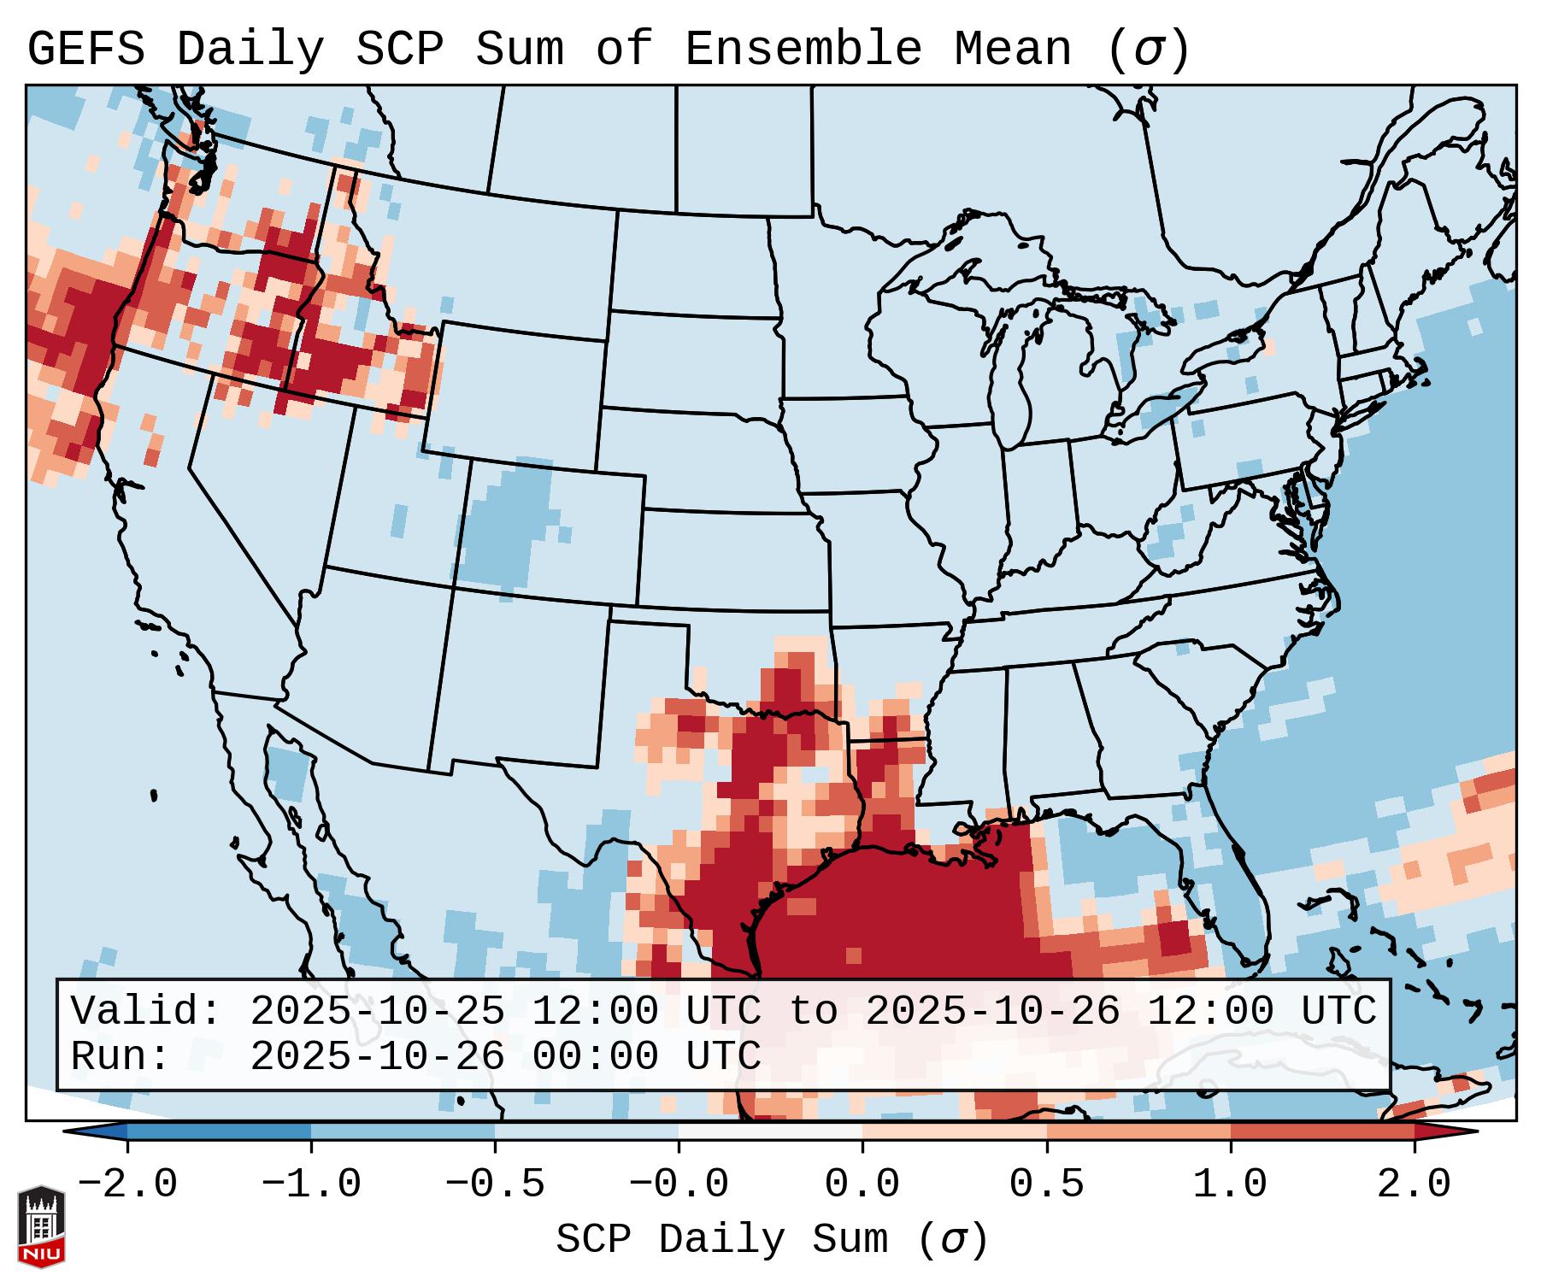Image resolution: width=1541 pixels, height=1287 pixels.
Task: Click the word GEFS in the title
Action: coord(85,49)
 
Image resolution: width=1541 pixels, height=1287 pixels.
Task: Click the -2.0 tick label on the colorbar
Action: coord(127,1184)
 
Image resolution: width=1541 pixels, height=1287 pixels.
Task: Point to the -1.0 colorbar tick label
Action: coord(311,1184)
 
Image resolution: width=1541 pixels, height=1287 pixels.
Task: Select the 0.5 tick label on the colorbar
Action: coord(1047,1184)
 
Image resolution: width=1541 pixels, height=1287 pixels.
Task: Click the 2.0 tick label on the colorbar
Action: coord(1415,1184)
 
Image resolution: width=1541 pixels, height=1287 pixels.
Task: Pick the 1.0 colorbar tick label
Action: coord(1231,1184)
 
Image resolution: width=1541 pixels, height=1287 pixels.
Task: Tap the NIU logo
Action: coord(41,1226)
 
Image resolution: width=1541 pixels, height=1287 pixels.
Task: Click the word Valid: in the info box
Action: coord(145,1011)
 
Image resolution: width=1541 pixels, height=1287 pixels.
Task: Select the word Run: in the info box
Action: coord(120,1056)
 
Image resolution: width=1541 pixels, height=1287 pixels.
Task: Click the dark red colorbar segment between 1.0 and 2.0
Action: coord(1322,1131)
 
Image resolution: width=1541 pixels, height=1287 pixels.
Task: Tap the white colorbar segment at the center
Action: coord(770,1131)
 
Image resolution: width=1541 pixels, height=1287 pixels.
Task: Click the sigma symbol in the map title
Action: coord(1148,50)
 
